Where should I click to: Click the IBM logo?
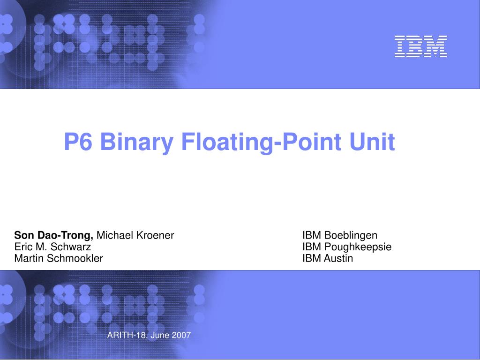tap(420, 47)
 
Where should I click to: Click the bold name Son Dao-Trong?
tap(54, 235)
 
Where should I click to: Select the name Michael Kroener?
tap(135, 235)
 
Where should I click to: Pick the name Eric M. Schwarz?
tap(52, 247)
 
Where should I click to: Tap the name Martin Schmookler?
tap(59, 258)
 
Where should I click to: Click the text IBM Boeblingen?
tap(340, 235)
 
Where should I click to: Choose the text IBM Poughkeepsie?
tap(347, 247)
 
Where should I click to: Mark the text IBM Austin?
tap(328, 258)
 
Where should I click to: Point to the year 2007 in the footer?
tap(181, 335)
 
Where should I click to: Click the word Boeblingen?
tap(351, 235)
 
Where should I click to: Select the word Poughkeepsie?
tap(358, 247)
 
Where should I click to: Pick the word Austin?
tap(338, 258)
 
